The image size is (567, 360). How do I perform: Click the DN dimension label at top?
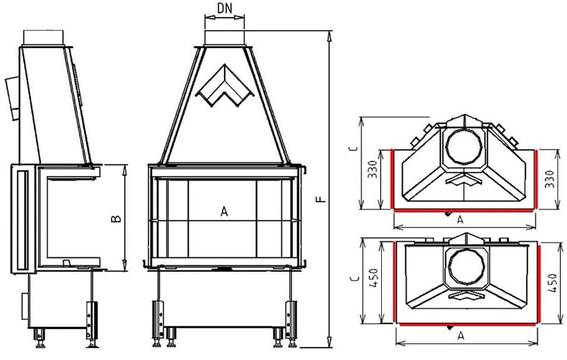tap(224, 9)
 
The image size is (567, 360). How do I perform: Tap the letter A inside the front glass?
tap(224, 212)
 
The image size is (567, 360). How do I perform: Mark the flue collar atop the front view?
tap(224, 35)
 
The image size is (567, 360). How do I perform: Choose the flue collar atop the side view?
tap(47, 36)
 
